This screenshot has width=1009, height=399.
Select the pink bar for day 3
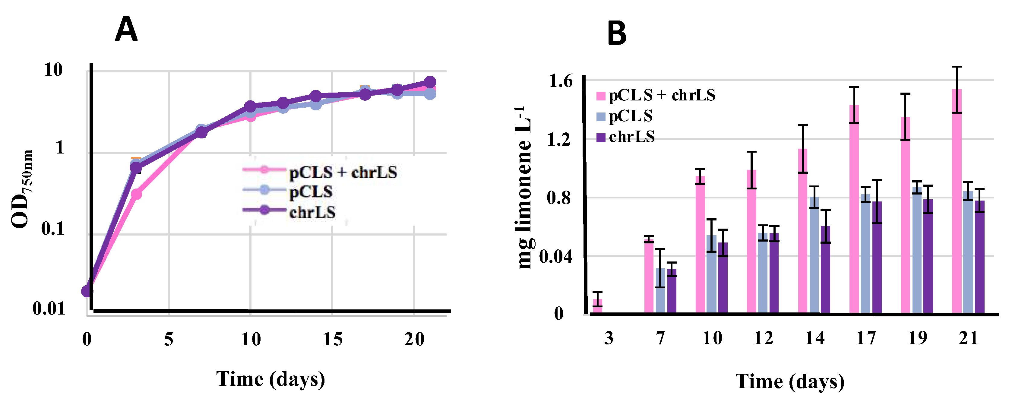pos(597,306)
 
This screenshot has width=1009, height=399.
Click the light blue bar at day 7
pos(660,290)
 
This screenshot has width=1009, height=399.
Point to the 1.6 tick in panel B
pos(561,81)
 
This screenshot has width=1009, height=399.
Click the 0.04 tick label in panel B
pos(556,257)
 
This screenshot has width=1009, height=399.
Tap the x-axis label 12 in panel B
pos(764,338)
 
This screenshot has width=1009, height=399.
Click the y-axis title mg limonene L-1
pos(525,188)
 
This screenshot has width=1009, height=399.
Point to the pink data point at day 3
pos(136,194)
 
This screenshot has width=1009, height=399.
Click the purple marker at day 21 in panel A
pos(430,82)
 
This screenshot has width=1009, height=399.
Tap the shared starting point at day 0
pos(87,291)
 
